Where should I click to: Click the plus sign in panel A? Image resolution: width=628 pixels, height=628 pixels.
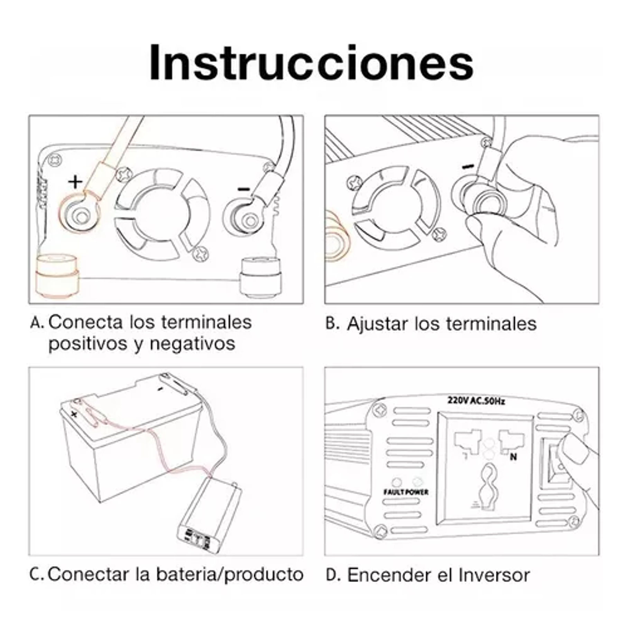point(75,182)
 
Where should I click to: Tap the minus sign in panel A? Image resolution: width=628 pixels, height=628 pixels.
point(244,189)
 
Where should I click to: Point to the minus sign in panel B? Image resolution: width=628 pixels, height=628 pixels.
point(468,167)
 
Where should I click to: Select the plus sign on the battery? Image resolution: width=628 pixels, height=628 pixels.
point(74,414)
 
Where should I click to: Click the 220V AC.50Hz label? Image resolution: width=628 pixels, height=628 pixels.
point(476,401)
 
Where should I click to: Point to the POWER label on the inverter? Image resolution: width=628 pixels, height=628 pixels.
point(417,492)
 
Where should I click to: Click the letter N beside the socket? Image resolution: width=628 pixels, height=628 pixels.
point(513,457)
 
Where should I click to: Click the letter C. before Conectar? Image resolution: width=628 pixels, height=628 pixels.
point(36,575)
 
